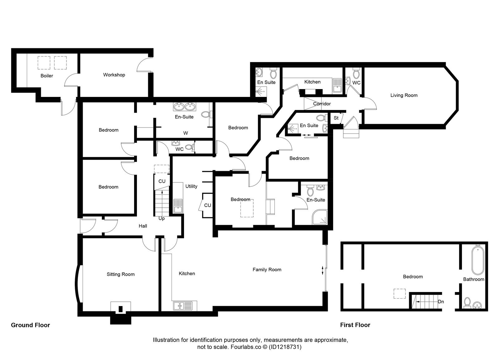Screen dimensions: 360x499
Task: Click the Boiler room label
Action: coord(47,76)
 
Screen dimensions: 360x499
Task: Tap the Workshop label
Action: coord(114,75)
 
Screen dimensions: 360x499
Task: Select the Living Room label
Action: coord(404,95)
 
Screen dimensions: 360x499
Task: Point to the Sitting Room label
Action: coord(121,274)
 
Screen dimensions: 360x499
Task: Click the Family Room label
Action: coord(267,270)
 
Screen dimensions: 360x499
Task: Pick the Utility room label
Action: coord(191,186)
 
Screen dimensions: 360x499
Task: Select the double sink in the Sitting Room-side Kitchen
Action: coord(183,306)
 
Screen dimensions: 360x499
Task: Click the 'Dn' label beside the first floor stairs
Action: coord(441,302)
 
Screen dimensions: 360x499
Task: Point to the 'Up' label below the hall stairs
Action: coord(162,218)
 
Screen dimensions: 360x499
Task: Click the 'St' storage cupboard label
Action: coord(336,118)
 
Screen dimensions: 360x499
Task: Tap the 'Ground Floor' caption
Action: coord(31,325)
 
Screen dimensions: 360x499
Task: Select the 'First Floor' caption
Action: coord(355,325)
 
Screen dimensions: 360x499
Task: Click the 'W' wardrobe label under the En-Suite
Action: coord(186,133)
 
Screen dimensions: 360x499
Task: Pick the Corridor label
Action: coord(322,104)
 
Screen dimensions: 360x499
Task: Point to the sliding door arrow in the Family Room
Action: coord(322,270)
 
